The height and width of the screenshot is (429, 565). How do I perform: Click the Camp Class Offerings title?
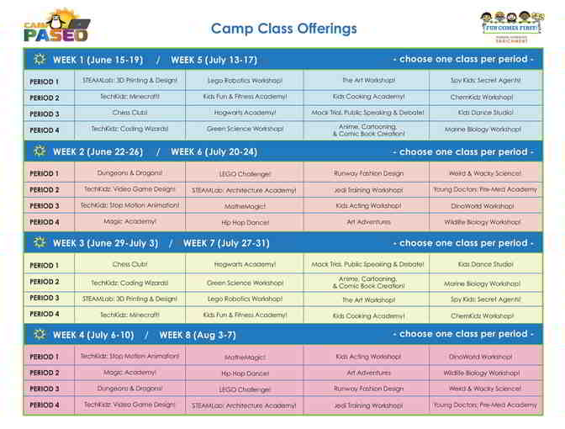point(283,29)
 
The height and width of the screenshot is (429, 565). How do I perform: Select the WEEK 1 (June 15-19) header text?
point(98,60)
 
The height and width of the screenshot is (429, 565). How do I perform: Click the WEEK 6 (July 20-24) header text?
point(214,152)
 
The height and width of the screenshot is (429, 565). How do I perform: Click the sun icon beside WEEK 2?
point(39,151)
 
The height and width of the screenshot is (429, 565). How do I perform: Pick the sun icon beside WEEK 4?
point(39,334)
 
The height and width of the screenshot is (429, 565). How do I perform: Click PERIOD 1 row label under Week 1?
point(45,82)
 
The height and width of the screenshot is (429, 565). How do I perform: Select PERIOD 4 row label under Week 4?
point(45,405)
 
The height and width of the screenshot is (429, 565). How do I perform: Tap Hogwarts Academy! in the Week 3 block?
point(245,264)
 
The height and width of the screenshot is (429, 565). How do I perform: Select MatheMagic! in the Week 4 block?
point(245,357)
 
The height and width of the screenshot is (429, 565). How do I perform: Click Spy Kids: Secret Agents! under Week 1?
point(485,81)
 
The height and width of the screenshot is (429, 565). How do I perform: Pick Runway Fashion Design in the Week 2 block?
point(368,173)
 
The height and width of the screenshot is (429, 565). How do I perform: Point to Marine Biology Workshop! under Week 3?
point(483,283)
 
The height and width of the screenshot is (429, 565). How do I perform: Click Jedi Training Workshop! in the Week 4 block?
point(368,405)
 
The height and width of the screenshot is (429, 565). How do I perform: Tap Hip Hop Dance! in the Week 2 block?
point(245,222)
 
